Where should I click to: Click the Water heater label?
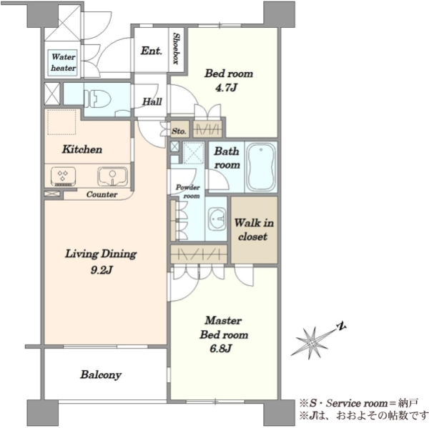pyautogui.click(x=63, y=63)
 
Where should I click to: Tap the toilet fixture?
pyautogui.click(x=97, y=99)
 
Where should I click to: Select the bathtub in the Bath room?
pyautogui.click(x=261, y=166)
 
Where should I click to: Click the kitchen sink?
pyautogui.click(x=112, y=176)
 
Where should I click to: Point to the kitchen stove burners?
pyautogui.click(x=63, y=176)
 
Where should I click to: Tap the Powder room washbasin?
pyautogui.click(x=217, y=219)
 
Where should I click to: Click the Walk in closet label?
pyautogui.click(x=254, y=230)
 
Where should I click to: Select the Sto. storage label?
pyautogui.click(x=179, y=131)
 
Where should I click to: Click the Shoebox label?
pyautogui.click(x=176, y=49)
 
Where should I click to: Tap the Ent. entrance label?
pyautogui.click(x=152, y=51)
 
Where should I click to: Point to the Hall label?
pyautogui.click(x=152, y=101)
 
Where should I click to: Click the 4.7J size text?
pyautogui.click(x=226, y=88)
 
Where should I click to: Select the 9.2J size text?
pyautogui.click(x=102, y=270)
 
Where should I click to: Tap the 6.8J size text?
pyautogui.click(x=221, y=349)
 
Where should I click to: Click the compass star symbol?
pyautogui.click(x=312, y=342)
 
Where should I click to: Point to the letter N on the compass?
pyautogui.click(x=341, y=327)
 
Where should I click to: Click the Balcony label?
pyautogui.click(x=101, y=374)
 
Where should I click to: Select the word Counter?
pyautogui.click(x=102, y=194)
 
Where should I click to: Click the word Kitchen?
pyautogui.click(x=82, y=149)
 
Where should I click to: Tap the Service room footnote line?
pyautogui.click(x=358, y=403)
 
